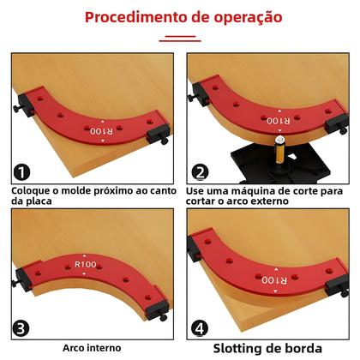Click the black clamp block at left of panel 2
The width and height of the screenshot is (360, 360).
click(x=203, y=86)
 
